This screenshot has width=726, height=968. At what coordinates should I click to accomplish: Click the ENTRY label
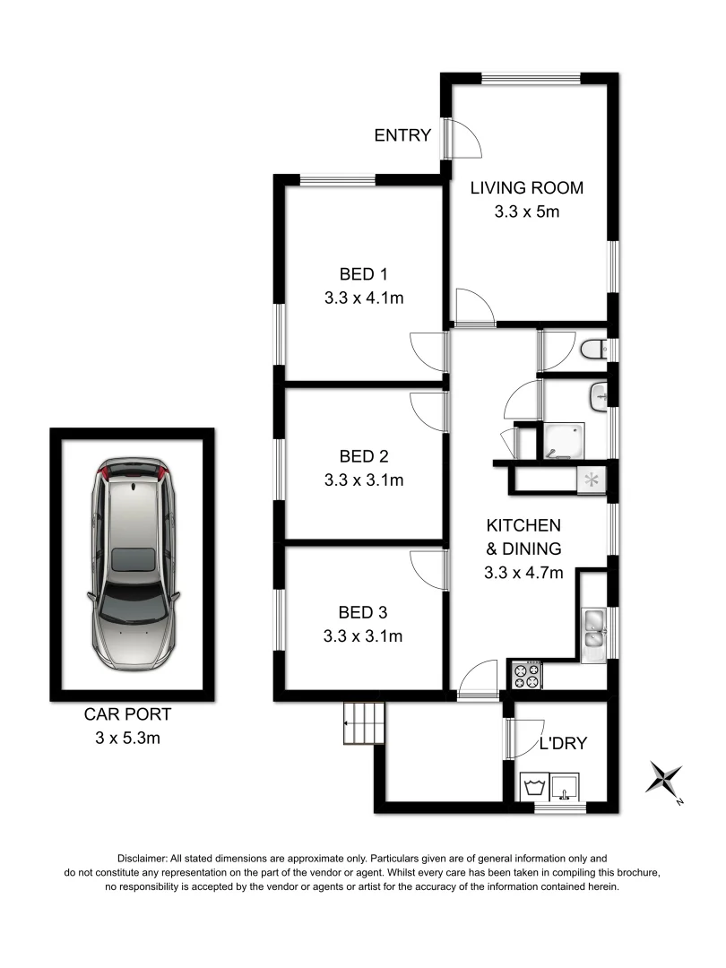coord(402,135)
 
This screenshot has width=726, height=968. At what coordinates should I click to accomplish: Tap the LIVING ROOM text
coord(527,188)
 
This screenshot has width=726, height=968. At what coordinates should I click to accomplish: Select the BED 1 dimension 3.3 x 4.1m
coord(364,298)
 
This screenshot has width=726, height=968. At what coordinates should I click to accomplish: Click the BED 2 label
coord(364,455)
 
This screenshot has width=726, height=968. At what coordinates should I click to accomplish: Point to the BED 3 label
coord(363,613)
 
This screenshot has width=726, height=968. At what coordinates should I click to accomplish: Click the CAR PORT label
coord(127,714)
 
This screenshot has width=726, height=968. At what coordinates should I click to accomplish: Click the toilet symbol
coord(593,350)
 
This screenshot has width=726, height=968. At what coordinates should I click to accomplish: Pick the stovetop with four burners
coord(525,675)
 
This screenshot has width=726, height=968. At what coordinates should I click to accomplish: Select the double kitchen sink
coord(593,628)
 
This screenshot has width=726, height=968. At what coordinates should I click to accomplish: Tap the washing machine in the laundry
coord(536,789)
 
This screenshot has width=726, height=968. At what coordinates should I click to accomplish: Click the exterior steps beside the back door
coord(363,722)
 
